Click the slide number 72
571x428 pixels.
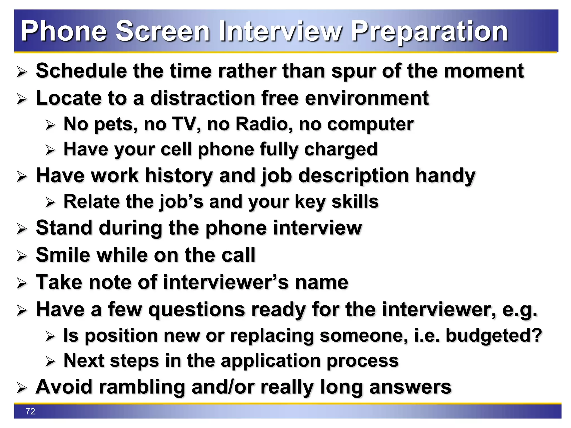(x=30, y=411)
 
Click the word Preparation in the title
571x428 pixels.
(x=429, y=31)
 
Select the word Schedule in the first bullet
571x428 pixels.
(x=81, y=71)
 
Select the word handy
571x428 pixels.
(x=445, y=176)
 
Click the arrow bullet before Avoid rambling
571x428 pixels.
(x=22, y=388)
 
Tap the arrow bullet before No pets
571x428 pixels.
(x=50, y=125)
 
